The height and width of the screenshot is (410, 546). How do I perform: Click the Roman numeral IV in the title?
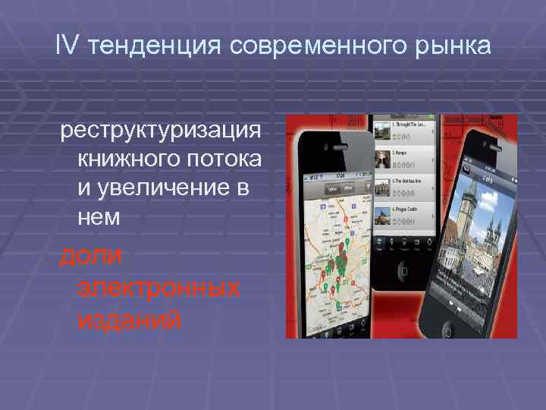[x=67, y=47]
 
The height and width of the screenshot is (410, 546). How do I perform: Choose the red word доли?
[x=91, y=256]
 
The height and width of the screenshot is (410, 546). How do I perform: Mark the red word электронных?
[x=158, y=288]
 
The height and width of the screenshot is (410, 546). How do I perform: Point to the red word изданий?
[x=130, y=320]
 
